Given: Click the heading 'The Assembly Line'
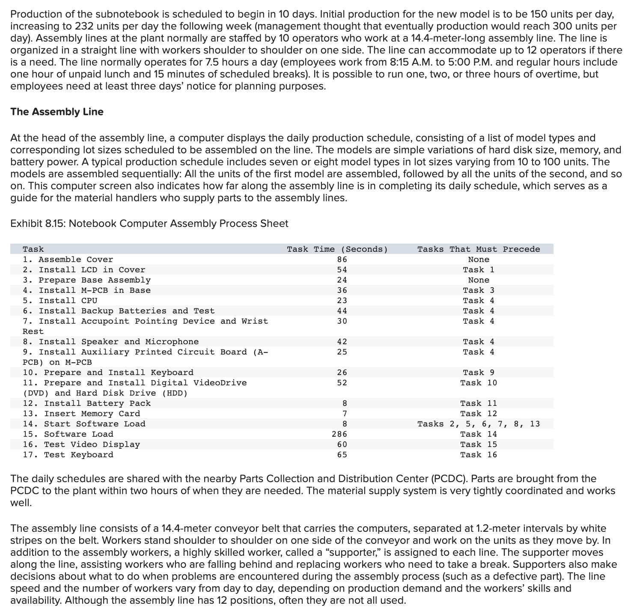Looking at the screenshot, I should point(57,112).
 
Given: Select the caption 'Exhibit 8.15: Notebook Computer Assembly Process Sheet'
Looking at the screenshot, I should point(149,224).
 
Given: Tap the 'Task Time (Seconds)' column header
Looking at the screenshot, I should point(337,249).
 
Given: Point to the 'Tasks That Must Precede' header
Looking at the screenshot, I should point(478,249).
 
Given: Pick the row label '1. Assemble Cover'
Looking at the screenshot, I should point(68,259).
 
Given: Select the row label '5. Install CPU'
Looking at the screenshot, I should point(60,301).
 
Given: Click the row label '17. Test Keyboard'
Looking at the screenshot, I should point(68,455).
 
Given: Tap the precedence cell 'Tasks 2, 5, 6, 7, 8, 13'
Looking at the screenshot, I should point(478,424).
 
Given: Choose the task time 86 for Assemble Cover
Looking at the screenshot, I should point(342,259).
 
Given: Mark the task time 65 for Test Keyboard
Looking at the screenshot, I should point(342,455).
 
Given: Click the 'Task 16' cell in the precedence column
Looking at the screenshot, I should point(478,455).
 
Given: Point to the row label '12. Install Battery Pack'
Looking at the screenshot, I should point(86,403).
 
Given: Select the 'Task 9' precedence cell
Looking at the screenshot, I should point(478,373).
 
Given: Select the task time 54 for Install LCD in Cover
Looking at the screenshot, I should point(342,270).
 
